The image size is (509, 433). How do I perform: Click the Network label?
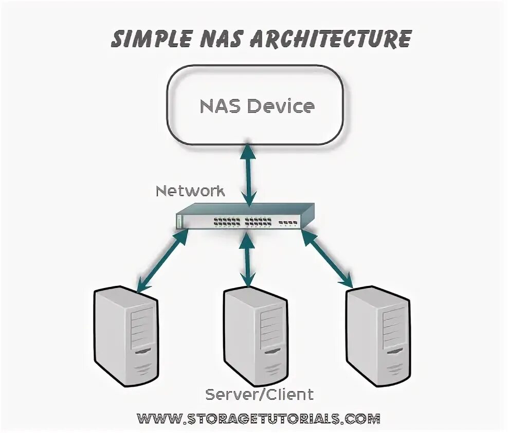[190, 191]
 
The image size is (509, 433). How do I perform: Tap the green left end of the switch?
[179, 221]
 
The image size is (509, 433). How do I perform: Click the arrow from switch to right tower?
[328, 258]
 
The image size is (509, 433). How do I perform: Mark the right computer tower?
[378, 334]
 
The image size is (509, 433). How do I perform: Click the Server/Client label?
[259, 395]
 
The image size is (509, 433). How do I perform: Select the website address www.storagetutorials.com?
[259, 417]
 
